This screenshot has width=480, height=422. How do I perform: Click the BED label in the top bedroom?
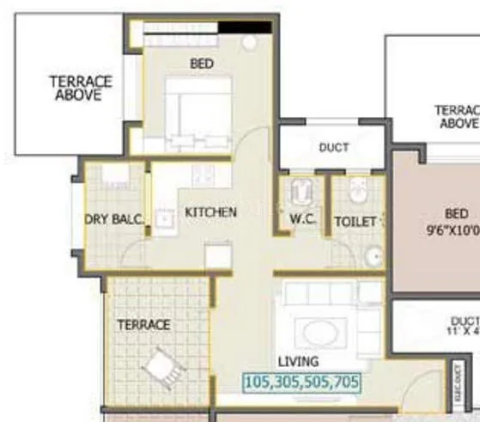tap(203, 63)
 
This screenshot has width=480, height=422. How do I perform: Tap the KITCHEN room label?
tap(210, 211)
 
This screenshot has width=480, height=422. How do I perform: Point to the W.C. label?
tap(303, 220)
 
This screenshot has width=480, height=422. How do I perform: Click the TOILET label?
tap(355, 221)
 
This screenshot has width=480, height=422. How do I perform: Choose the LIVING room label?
tap(297, 362)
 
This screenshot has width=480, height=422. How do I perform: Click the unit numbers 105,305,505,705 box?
tap(302, 382)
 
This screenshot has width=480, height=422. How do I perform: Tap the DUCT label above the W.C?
tap(333, 147)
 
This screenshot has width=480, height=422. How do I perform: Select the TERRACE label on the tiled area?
tap(144, 325)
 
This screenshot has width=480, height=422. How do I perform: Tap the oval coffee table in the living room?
tap(319, 334)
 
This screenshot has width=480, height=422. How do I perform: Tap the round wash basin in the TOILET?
tap(372, 254)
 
